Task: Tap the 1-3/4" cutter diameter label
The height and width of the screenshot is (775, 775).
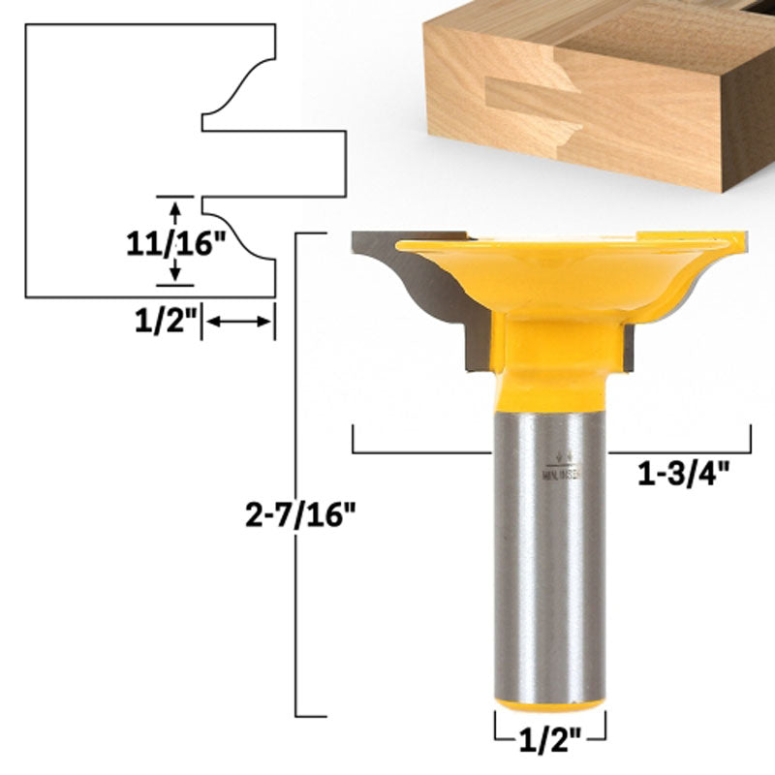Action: point(682,476)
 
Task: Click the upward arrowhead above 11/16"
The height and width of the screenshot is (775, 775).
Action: point(175,206)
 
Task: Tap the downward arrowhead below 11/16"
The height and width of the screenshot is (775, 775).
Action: point(175,275)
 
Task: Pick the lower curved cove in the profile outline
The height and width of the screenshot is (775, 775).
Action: point(242,233)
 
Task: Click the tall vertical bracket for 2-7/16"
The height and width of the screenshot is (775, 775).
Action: point(296,475)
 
